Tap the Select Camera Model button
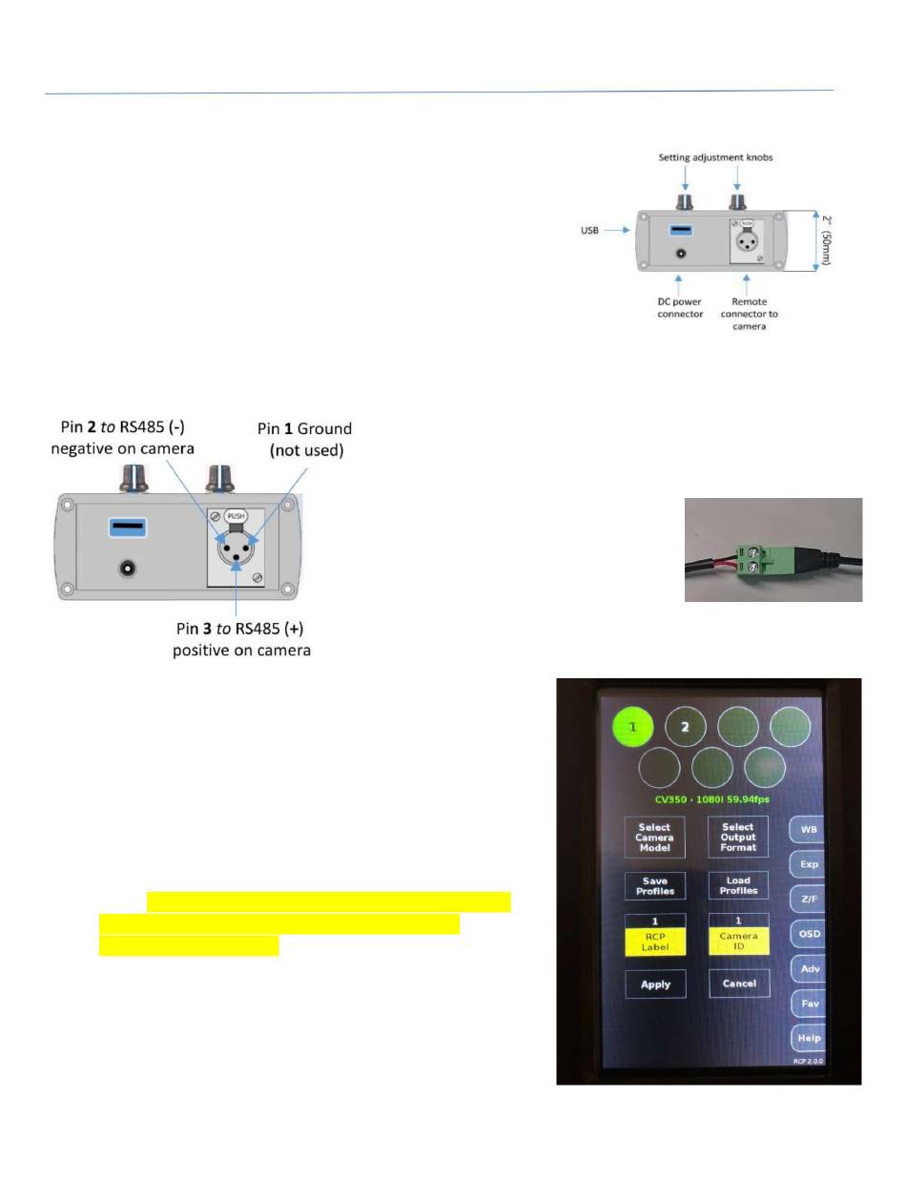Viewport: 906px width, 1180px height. point(654,837)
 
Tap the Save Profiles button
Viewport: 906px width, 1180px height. point(654,885)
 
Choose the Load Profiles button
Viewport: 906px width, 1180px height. point(738,885)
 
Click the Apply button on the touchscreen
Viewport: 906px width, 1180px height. point(655,983)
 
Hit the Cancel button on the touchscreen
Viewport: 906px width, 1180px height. point(739,983)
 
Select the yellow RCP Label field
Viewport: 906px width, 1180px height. point(655,942)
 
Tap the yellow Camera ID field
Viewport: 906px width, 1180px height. point(739,942)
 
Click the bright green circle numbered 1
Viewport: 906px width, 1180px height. point(632,727)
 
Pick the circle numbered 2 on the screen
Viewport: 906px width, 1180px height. point(685,727)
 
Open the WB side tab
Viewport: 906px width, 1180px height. point(807,829)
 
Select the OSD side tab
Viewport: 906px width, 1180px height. point(809,934)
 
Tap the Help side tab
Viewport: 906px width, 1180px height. point(809,1038)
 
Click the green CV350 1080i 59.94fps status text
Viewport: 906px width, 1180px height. point(711,799)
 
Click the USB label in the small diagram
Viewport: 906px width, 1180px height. point(589,230)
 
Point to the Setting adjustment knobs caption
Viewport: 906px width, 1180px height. point(715,157)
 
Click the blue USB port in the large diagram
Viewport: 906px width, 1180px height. point(128,527)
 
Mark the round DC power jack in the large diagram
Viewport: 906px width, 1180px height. point(127,569)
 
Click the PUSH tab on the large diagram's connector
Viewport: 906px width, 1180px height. point(236,516)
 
